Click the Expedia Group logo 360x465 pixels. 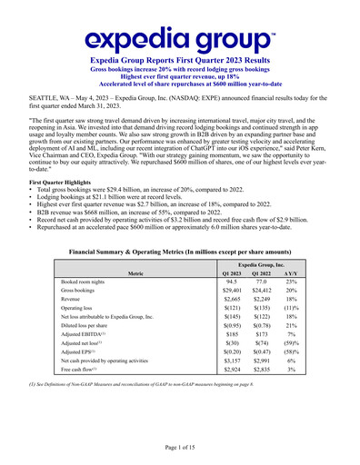pyautogui.click(x=180, y=37)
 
